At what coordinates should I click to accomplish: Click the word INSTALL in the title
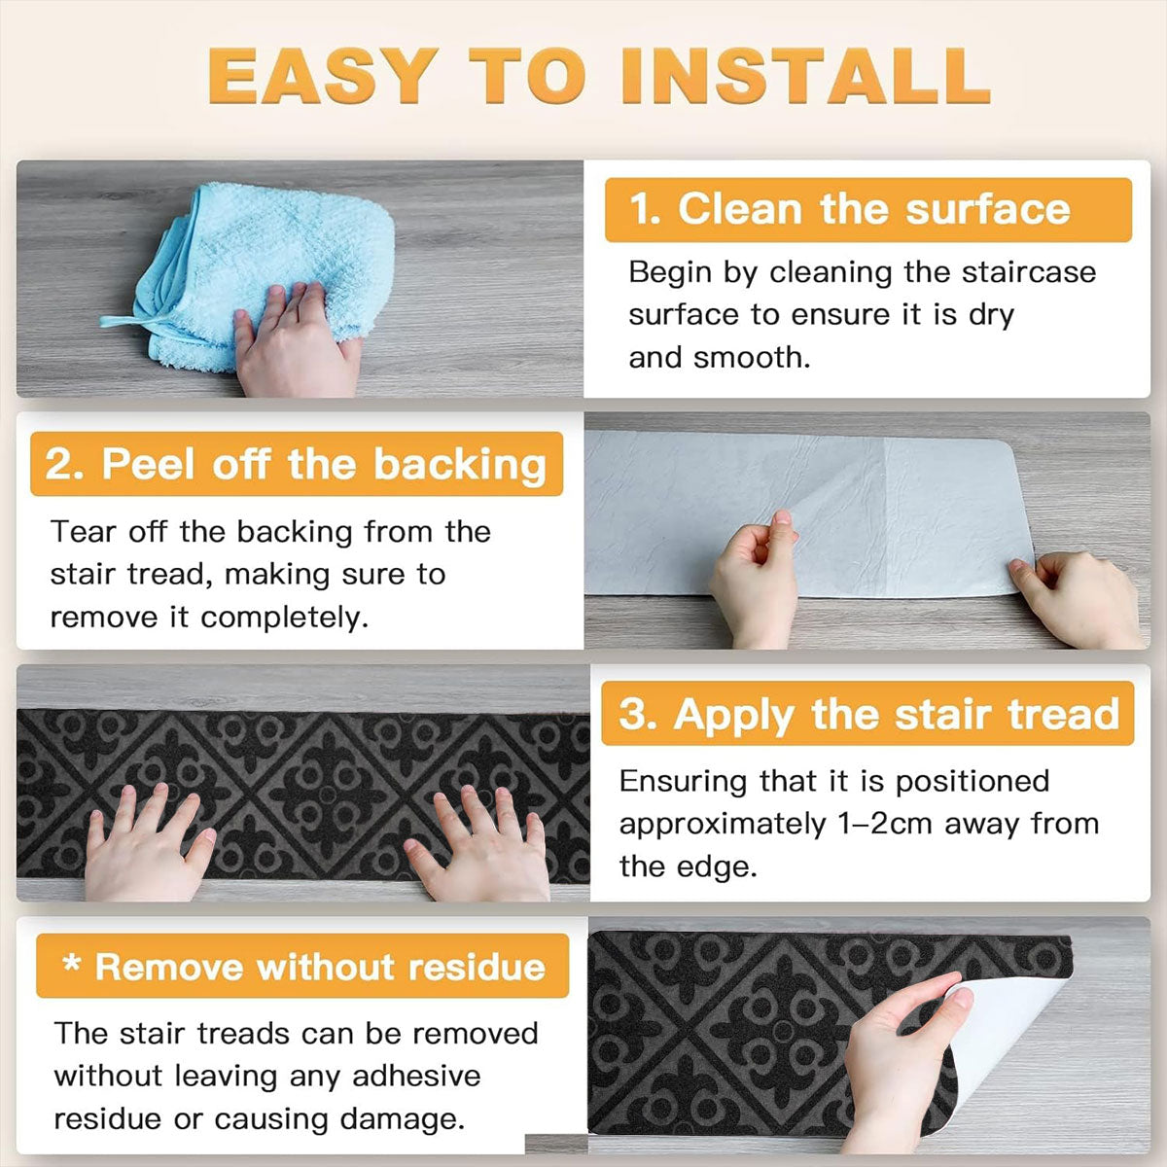point(805,76)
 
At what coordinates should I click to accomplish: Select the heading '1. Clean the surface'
point(850,209)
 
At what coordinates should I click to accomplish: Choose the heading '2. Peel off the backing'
point(296,465)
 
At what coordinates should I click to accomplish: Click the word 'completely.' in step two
point(284,619)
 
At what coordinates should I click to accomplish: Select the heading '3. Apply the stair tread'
point(868,715)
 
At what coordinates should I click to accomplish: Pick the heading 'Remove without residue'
point(320,967)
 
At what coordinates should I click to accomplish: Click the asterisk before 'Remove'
point(72,962)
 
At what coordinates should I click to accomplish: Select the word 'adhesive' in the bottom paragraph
point(416,1077)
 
